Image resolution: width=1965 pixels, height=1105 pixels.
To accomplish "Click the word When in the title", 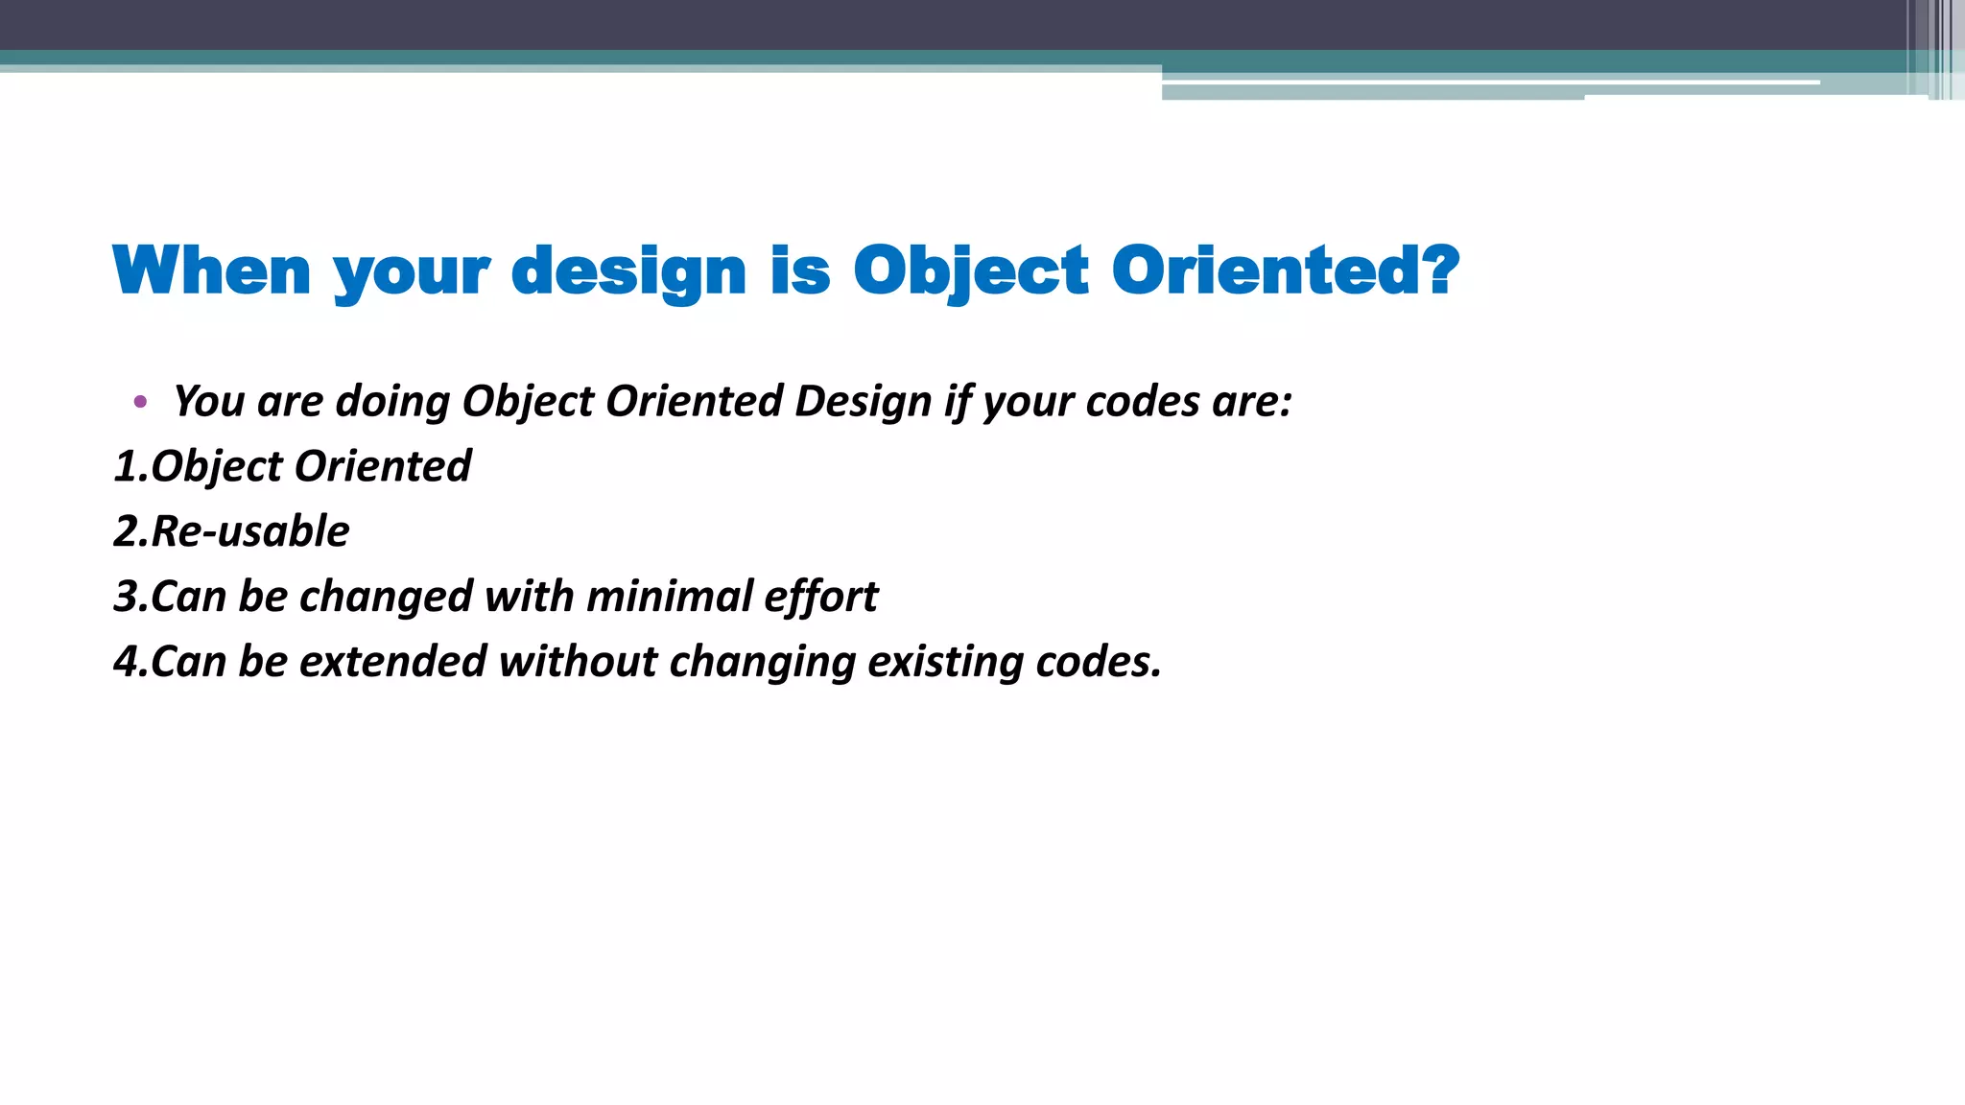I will pos(212,270).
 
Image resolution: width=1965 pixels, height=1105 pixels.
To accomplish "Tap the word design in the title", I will pos(628,272).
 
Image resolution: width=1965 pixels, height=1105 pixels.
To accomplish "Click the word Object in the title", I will pos(970,271).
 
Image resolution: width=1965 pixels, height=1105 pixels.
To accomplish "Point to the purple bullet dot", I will pos(141,402).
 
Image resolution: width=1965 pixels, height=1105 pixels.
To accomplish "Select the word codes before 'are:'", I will pos(1142,401).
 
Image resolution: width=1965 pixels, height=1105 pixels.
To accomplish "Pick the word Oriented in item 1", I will pos(382,466).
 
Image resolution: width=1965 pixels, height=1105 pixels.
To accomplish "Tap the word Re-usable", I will pos(250,531).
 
